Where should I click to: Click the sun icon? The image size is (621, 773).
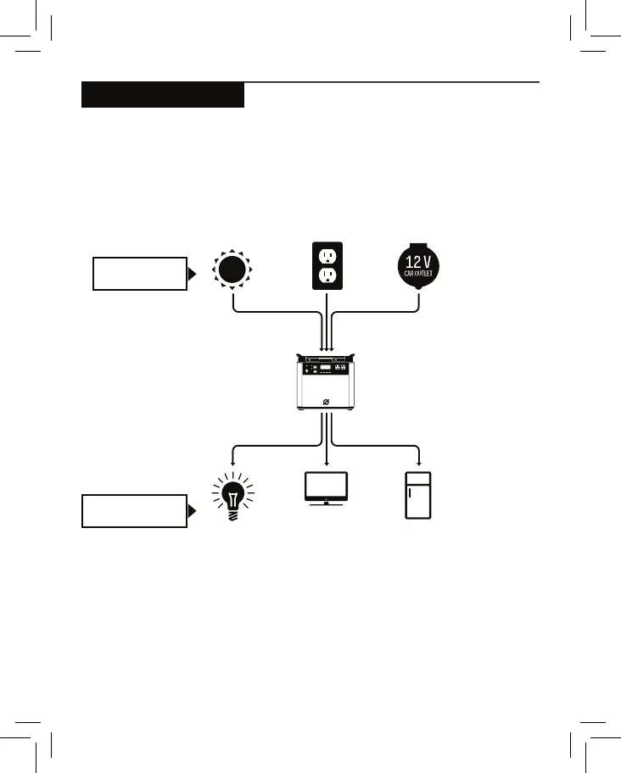click(233, 270)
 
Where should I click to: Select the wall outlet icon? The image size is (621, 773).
click(327, 265)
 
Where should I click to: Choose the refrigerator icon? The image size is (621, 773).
click(418, 495)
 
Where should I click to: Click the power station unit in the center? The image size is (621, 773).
click(327, 384)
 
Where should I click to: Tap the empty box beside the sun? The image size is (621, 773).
click(139, 274)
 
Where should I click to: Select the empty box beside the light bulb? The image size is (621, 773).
click(134, 511)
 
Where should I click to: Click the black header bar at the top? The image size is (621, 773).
click(163, 95)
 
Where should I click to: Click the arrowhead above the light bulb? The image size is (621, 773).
click(232, 462)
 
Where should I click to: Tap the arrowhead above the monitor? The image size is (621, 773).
click(327, 462)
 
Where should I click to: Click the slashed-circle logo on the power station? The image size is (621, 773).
click(327, 401)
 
